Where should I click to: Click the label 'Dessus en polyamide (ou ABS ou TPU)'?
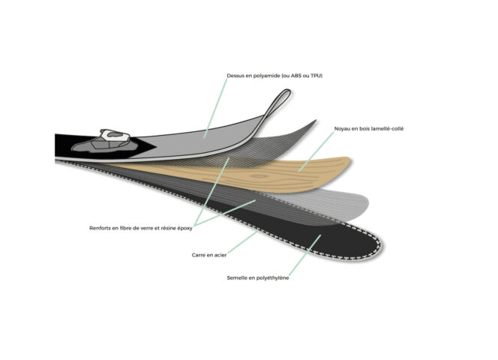pyautogui.click(x=274, y=76)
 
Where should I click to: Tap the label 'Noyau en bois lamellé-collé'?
pyautogui.click(x=369, y=129)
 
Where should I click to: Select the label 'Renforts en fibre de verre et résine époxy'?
pyautogui.click(x=141, y=228)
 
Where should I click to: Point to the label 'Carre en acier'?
pyautogui.click(x=209, y=255)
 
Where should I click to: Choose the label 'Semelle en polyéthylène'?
pyautogui.click(x=258, y=278)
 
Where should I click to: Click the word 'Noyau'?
pyautogui.click(x=342, y=129)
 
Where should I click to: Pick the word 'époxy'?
pyautogui.click(x=184, y=228)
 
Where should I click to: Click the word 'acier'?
pyautogui.click(x=220, y=255)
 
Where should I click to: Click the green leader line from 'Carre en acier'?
pyautogui.click(x=243, y=242)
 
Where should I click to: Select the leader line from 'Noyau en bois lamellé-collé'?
pyautogui.click(x=316, y=151)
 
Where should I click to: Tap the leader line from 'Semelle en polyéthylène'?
pyautogui.click(x=305, y=255)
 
